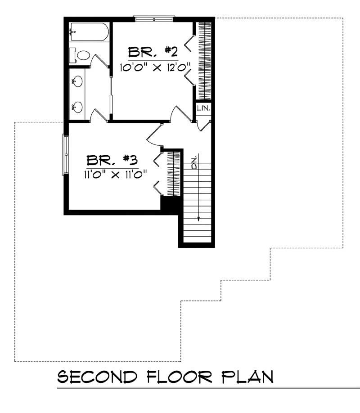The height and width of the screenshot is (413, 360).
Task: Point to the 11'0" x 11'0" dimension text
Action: click(115, 174)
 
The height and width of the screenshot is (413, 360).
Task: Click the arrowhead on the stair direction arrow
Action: click(198, 218)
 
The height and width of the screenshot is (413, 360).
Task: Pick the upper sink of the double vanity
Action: click(77, 82)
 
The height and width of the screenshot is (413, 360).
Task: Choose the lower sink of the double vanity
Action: click(77, 107)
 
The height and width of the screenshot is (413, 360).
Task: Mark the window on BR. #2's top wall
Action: click(154, 19)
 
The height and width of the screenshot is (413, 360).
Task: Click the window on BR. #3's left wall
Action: click(66, 154)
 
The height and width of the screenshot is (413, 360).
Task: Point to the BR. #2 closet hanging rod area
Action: click(204, 60)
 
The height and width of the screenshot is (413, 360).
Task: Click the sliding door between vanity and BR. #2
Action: click(111, 94)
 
